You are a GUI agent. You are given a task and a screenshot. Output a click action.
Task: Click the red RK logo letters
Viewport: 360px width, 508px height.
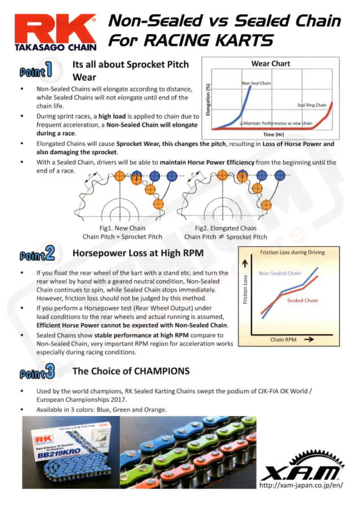pyautogui.click(x=55, y=29)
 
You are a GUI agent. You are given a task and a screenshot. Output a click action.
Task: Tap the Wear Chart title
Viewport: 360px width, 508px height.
pyautogui.click(x=271, y=63)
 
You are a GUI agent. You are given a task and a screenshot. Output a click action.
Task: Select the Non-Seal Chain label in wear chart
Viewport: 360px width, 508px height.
pyautogui.click(x=256, y=83)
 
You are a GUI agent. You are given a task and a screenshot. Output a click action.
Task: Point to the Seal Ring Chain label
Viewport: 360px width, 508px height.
pyautogui.click(x=312, y=105)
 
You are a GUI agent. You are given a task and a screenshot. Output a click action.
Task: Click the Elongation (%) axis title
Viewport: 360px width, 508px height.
pyautogui.click(x=208, y=100)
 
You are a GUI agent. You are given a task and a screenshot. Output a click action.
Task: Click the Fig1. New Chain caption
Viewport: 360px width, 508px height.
pyautogui.click(x=122, y=228)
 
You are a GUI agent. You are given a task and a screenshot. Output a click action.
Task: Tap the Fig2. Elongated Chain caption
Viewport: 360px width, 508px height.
pyautogui.click(x=226, y=228)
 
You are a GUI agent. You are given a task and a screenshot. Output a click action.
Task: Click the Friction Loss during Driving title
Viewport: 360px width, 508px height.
pyautogui.click(x=292, y=252)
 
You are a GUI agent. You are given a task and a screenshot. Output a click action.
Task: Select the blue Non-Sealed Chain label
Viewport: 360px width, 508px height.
pyautogui.click(x=280, y=273)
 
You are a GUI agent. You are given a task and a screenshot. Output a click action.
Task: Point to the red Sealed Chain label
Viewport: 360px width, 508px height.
pyautogui.click(x=302, y=301)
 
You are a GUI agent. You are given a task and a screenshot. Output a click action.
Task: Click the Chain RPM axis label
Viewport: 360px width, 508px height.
pyautogui.click(x=284, y=340)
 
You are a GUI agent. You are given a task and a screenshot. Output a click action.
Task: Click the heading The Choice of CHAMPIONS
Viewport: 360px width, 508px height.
pyautogui.click(x=131, y=371)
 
